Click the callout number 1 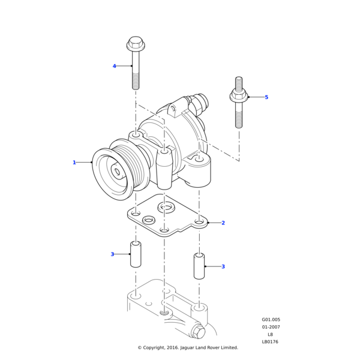click(x=74, y=163)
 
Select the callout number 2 click(x=223, y=223)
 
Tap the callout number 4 click(x=114, y=66)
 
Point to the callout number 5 click(x=266, y=97)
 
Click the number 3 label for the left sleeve click(x=112, y=254)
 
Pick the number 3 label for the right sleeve click(x=223, y=266)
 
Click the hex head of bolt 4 click(x=136, y=44)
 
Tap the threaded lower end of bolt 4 click(x=136, y=80)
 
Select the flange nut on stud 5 click(x=239, y=96)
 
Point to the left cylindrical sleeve click(x=136, y=254)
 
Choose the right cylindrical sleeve click(x=199, y=266)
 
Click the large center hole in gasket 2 click(x=166, y=208)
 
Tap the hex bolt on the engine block click(x=199, y=331)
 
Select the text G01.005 click(x=271, y=320)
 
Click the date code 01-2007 click(x=271, y=327)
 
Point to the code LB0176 click(x=270, y=342)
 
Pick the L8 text click(x=270, y=334)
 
